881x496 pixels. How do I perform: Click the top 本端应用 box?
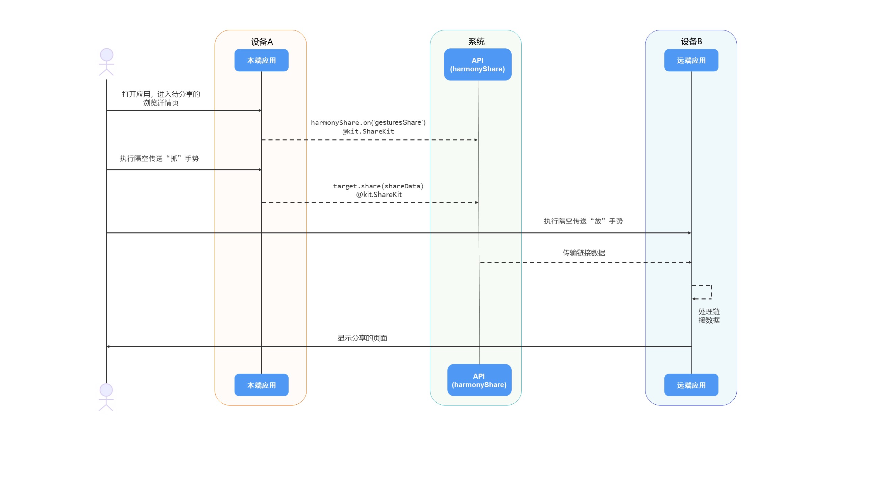(x=261, y=60)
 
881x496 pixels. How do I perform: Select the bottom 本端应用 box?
(x=261, y=385)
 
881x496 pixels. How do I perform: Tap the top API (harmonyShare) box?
(x=478, y=64)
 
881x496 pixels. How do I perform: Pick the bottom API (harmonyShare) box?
(x=479, y=380)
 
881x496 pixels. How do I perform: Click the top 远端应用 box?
(x=691, y=60)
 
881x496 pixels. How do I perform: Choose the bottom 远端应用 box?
(x=691, y=385)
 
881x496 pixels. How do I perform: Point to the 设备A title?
(x=262, y=42)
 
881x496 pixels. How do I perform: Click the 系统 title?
(x=476, y=42)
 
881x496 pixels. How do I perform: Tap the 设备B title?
(x=691, y=41)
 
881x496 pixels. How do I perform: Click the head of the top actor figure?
(x=106, y=55)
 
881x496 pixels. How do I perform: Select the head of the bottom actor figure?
(x=106, y=390)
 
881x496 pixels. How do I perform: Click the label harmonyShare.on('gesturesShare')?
(x=368, y=122)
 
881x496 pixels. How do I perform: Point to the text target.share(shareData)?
(x=378, y=186)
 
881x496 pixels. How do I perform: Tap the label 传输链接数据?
(x=584, y=253)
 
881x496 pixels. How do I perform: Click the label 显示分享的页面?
(x=362, y=338)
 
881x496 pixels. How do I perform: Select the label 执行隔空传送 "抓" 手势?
(x=159, y=158)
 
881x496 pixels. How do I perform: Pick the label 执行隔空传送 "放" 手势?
(x=583, y=221)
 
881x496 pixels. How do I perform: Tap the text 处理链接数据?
(x=709, y=316)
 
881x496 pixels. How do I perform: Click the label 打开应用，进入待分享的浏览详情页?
(x=161, y=98)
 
